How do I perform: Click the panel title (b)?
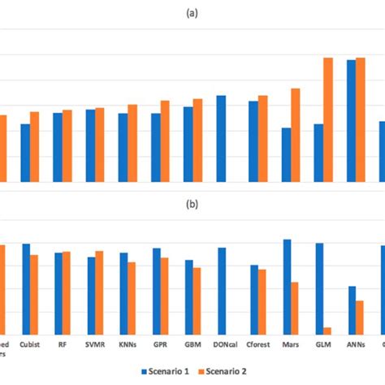[x=192, y=205]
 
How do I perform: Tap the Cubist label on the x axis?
[x=30, y=344]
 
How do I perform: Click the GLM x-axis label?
[x=323, y=344]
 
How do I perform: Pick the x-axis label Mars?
[x=290, y=344]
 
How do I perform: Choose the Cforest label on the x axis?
[x=257, y=344]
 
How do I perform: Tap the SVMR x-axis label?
[x=95, y=344]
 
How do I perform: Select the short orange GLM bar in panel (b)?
[x=327, y=330]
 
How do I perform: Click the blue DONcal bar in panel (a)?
[x=221, y=139]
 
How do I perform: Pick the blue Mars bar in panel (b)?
[x=287, y=286]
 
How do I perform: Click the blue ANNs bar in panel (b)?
[x=352, y=309]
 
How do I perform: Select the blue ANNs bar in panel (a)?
[x=352, y=121]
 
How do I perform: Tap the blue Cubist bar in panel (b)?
[x=26, y=288]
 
